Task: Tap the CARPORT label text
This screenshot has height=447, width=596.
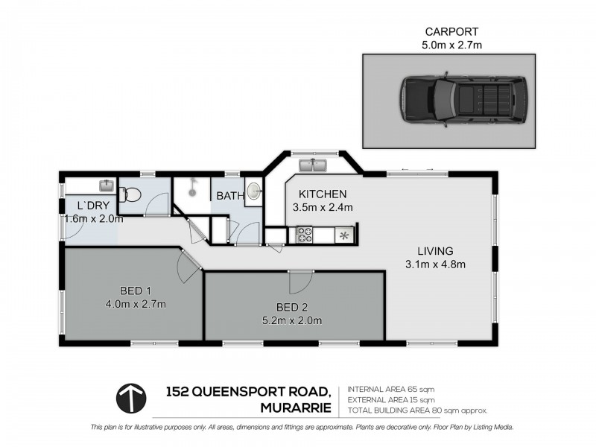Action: [451, 32]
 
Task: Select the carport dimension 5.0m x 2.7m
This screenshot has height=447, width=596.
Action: [451, 45]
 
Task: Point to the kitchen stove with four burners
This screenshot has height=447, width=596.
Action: [305, 235]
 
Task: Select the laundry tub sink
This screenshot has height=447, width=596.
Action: [106, 184]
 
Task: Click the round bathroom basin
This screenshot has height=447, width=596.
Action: [253, 191]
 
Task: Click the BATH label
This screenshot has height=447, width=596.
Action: [229, 196]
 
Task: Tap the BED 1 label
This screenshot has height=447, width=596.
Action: [136, 291]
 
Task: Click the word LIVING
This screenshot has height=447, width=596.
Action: [436, 250]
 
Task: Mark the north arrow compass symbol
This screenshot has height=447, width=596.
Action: [132, 399]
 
